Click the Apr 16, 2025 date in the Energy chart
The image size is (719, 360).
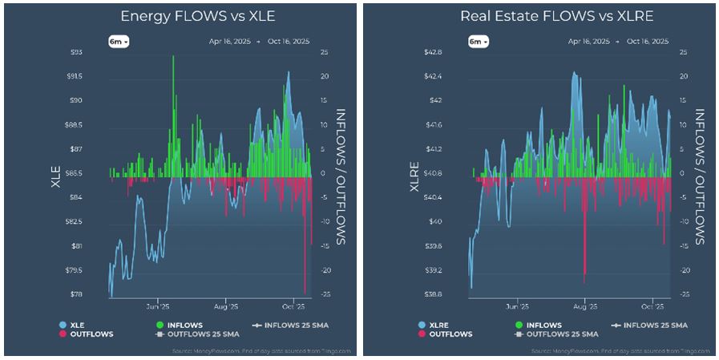pos(228,41)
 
